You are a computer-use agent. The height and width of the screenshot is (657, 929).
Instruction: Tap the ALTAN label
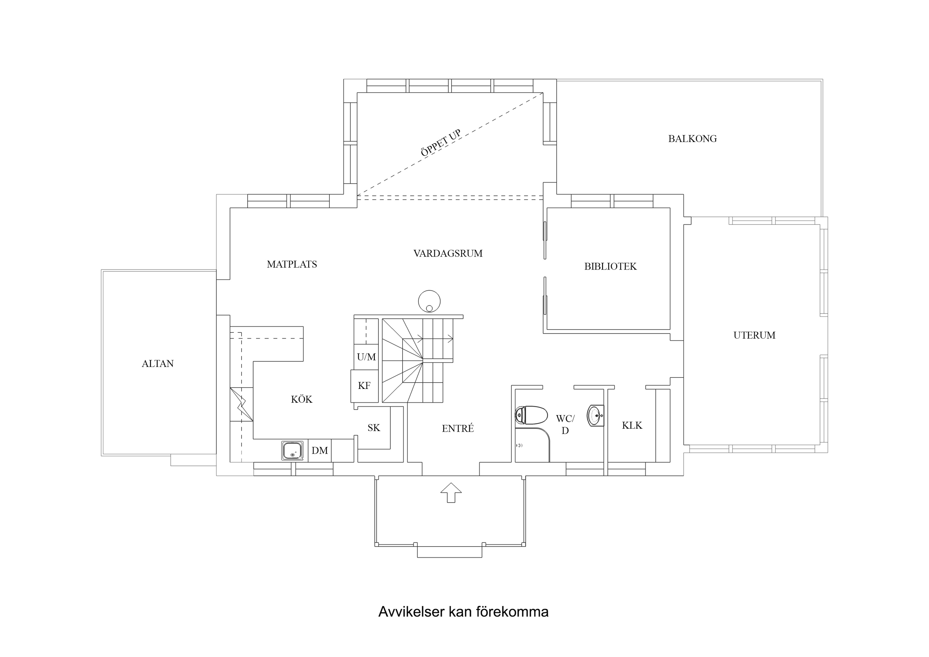point(157,364)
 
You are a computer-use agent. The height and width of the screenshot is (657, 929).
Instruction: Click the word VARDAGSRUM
point(448,254)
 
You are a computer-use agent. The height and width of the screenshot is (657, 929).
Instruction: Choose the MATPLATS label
point(291,264)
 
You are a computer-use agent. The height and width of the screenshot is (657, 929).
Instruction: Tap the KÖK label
point(301,400)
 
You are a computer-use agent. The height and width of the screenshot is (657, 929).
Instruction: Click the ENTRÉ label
point(457,429)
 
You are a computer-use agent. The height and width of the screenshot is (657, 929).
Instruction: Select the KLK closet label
point(632,425)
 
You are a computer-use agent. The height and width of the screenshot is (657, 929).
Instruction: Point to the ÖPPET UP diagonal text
point(441,143)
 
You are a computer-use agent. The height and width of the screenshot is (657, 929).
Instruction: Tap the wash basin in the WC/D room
point(595,415)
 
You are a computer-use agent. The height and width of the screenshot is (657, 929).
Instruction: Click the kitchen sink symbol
point(292,451)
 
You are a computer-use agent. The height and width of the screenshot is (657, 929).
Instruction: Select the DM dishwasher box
point(319,451)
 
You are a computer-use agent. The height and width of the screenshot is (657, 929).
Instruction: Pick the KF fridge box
point(364,386)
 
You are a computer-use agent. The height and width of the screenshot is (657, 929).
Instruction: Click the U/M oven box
point(366,357)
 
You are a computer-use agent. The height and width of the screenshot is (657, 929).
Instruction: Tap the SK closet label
point(374,428)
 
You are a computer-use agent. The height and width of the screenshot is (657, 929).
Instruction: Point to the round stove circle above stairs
point(429,301)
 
